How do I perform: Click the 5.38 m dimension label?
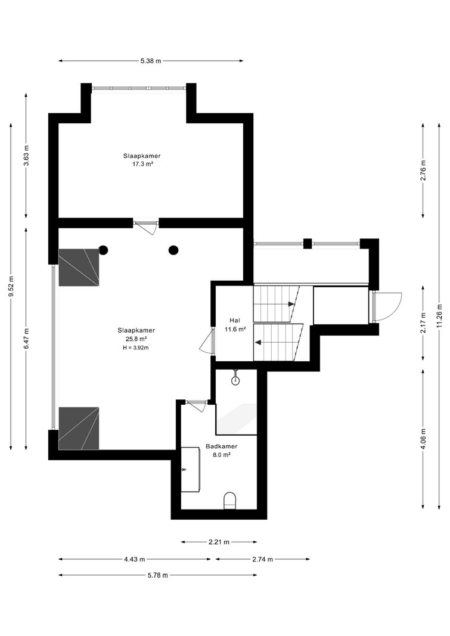tap(151, 61)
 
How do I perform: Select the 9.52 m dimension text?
tap(11, 286)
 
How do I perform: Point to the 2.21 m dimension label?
tap(219, 541)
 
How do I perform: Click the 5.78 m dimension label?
tap(157, 575)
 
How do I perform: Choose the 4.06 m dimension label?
tap(423, 439)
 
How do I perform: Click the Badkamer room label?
tap(221, 446)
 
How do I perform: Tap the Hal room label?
tap(235, 321)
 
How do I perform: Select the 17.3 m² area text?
tap(142, 165)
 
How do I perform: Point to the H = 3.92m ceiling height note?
tap(136, 348)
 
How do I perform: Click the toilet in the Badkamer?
tap(230, 501)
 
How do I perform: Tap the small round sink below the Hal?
tap(235, 380)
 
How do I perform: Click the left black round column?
tap(103, 250)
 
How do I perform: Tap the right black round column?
tap(173, 250)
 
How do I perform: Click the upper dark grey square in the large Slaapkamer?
tap(79, 267)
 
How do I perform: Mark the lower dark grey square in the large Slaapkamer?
tap(79, 429)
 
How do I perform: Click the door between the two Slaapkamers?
tap(146, 225)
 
